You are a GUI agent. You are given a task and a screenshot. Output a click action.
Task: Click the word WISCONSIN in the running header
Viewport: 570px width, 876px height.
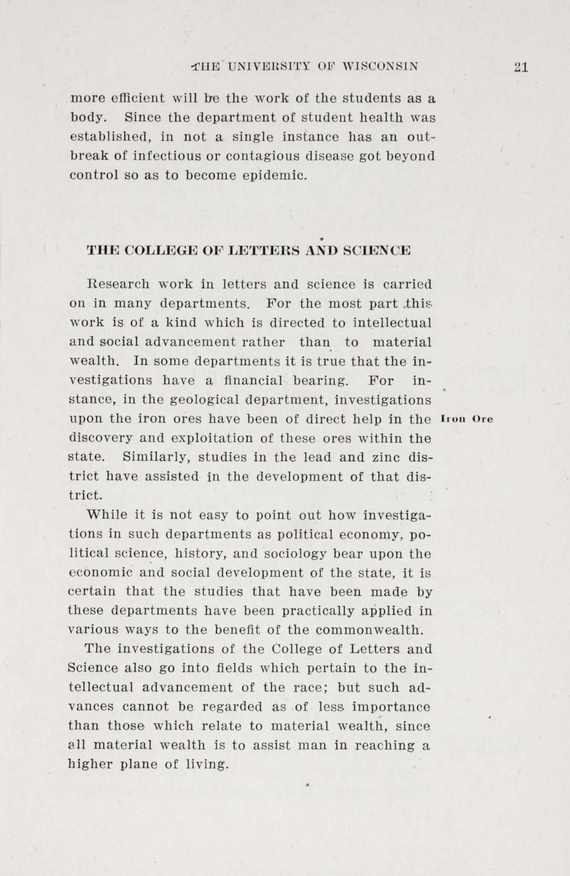coord(380,65)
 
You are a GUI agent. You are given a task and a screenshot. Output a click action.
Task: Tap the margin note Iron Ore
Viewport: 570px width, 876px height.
coord(467,419)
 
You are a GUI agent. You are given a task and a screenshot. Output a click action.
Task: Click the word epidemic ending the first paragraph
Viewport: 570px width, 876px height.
coord(276,175)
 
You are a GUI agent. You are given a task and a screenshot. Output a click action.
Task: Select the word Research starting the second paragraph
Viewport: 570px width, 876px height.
coord(117,284)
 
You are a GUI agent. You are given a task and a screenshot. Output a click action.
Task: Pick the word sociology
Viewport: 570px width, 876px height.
coord(296,553)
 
